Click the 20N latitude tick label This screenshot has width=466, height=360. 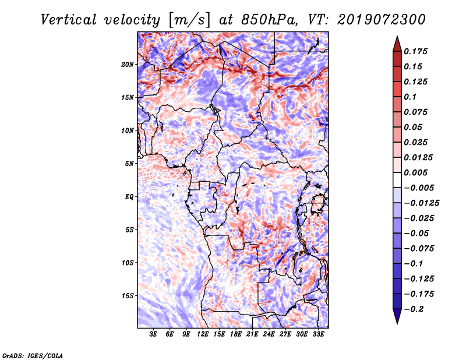[x=127, y=65]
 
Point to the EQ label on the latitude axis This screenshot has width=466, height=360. [x=129, y=197]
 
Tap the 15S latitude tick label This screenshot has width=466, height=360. [x=127, y=296]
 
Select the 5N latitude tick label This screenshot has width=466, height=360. [x=129, y=164]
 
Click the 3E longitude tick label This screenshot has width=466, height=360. [x=153, y=334]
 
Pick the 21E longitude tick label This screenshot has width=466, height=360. [x=252, y=334]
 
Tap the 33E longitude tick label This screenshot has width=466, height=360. [x=318, y=334]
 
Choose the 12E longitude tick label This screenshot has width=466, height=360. [x=203, y=334]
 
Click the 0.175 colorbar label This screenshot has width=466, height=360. [x=415, y=51]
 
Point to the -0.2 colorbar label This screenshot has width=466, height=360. [x=414, y=309]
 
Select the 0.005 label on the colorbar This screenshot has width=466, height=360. [x=415, y=172]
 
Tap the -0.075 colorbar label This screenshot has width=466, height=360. [x=419, y=249]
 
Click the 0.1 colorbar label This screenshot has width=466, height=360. [x=410, y=97]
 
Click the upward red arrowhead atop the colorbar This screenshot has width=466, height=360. [x=397, y=44]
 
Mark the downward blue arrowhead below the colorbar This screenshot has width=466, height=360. [x=397, y=316]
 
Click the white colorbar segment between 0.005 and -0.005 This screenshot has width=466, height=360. [x=397, y=180]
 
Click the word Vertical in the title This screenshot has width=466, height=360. [x=68, y=20]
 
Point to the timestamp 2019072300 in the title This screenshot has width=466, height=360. [x=382, y=20]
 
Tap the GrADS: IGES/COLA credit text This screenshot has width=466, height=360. [x=33, y=356]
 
